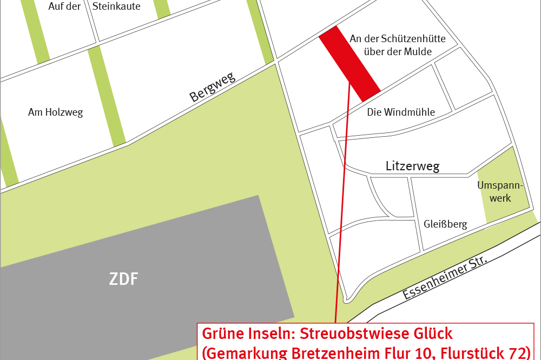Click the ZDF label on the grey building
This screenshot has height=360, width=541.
pos(124,279)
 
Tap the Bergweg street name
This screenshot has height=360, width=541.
pos(213,88)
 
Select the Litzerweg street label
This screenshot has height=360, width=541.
pos(412,166)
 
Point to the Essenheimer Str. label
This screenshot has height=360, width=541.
pos(445,279)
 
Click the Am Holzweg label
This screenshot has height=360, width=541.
pos(55,112)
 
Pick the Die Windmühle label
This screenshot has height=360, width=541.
pos(401,112)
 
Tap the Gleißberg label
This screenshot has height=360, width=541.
pos(445,224)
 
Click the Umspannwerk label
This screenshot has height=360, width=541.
pos(500,192)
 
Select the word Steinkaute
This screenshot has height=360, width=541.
pos(116,6)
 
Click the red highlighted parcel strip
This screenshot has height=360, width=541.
pos(349,63)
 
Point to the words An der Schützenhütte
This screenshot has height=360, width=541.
pos(398,39)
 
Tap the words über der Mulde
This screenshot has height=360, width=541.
pos(398,52)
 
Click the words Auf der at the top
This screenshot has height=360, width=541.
pos(69,6)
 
